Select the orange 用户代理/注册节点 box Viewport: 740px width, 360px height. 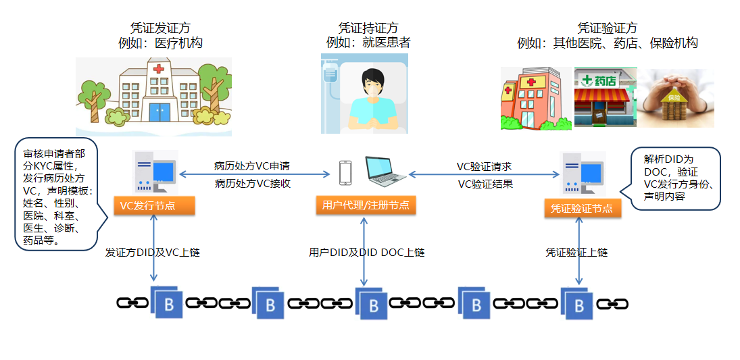click(365, 205)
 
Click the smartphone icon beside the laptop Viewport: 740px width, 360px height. click(345, 173)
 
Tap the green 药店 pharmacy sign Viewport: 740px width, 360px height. click(603, 80)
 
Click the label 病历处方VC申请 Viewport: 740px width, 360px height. click(252, 165)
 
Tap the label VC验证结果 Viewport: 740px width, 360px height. click(485, 183)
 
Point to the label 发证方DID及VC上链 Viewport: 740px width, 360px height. click(153, 253)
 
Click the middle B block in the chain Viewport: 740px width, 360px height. click(372, 304)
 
